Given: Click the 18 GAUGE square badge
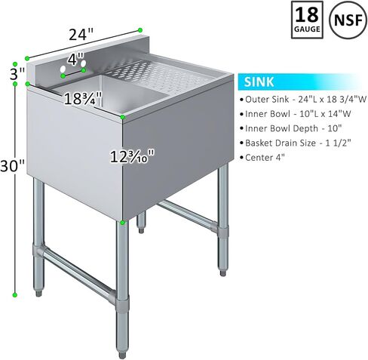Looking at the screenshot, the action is [x=307, y=20].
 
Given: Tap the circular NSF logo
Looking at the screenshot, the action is [x=348, y=20].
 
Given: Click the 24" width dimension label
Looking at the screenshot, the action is [x=81, y=34].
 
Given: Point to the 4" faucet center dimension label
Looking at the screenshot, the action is [x=75, y=60].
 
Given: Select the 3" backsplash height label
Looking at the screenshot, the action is [x=17, y=74].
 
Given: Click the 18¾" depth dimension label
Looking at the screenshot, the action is [x=83, y=98].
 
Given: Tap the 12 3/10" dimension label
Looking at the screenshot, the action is [x=132, y=156].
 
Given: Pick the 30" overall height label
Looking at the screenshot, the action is [x=12, y=166].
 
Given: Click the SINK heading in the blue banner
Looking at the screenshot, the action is [x=259, y=82].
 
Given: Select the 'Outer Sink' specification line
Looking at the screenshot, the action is [x=303, y=100].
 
